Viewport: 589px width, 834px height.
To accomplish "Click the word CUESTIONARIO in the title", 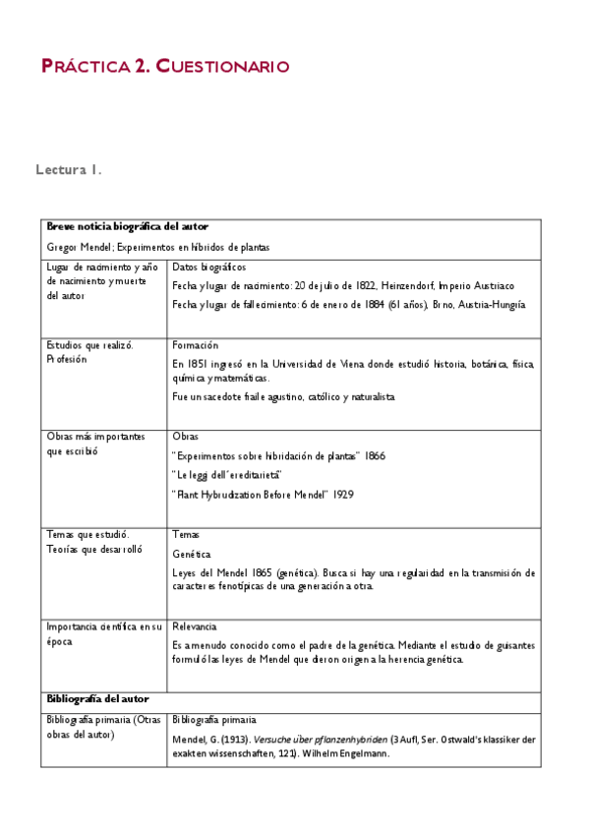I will [222, 67].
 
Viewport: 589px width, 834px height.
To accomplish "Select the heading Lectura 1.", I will [69, 170].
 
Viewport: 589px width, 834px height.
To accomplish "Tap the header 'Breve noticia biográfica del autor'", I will [127, 227].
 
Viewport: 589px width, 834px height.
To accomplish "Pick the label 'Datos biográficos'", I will [208, 267].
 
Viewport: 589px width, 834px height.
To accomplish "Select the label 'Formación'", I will [195, 346].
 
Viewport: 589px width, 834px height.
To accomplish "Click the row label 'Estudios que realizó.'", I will [90, 345].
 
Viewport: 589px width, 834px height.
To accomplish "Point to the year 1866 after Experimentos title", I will [375, 456].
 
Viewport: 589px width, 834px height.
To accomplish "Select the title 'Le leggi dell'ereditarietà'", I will [227, 475].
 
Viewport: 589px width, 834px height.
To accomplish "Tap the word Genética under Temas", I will [191, 554].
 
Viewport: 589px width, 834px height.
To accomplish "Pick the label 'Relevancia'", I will [195, 626].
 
